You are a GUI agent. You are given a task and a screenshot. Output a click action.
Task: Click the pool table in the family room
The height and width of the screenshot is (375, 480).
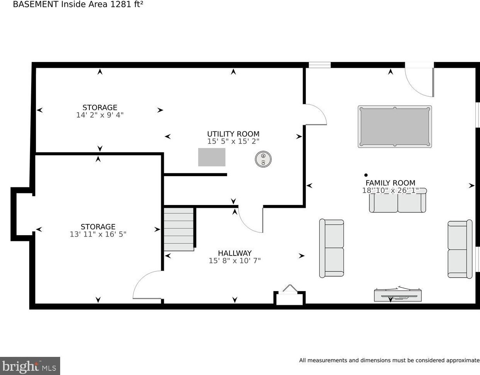coord(395,127)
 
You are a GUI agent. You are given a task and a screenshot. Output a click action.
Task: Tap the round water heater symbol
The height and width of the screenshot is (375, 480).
coord(263,159)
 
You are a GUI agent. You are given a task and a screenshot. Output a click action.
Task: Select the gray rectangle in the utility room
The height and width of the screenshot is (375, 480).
coord(212,157)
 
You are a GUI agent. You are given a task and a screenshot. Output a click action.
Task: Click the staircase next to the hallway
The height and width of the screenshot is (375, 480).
coord(179,229)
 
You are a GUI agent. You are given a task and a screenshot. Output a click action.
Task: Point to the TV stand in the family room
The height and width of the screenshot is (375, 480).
coord(397,295)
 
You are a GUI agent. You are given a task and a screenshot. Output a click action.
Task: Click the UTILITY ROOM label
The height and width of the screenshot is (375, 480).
coord(233,134)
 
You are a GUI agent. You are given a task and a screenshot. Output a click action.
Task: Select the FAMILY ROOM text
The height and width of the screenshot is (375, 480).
coord(390,183)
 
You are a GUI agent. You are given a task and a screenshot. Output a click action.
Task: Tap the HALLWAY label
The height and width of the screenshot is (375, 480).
coord(235,253)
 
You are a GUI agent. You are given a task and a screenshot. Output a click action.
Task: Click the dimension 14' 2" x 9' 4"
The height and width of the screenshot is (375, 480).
coord(100,115)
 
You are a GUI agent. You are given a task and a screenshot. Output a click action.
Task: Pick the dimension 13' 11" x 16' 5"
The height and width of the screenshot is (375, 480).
coord(98,234)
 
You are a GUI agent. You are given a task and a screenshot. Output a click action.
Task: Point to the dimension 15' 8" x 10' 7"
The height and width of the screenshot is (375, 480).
coord(235,261)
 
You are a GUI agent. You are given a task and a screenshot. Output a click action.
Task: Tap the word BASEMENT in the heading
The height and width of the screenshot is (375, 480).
coord(36,4)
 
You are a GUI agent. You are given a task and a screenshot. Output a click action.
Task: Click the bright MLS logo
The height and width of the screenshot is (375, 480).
coord(30,366)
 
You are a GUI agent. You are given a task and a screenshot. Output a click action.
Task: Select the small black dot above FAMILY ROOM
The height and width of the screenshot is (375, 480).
coord(366,175)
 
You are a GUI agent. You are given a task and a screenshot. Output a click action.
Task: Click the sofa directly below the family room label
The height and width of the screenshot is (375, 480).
coord(397,200)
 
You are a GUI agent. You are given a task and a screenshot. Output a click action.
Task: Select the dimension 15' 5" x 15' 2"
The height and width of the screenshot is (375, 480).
coord(233,141)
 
